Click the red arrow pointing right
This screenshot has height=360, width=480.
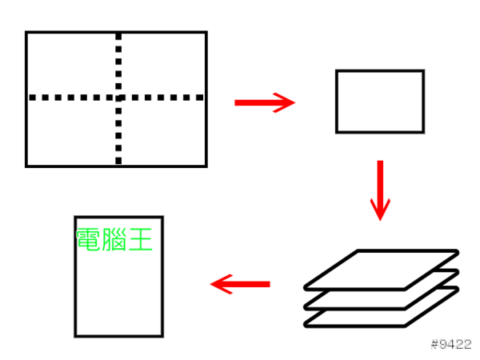[x=264, y=102]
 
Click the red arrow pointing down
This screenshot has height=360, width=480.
[x=380, y=190]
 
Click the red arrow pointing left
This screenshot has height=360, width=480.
[x=240, y=283]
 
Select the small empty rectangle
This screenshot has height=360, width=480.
[x=379, y=101]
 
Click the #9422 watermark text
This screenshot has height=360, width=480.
[x=450, y=345]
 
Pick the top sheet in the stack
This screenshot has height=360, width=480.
[x=382, y=269]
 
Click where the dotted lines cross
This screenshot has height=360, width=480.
[x=118, y=98]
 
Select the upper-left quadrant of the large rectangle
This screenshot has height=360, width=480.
[x=72, y=65]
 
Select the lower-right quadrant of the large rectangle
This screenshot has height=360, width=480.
[x=163, y=132]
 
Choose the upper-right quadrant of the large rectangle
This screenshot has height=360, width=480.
[x=163, y=65]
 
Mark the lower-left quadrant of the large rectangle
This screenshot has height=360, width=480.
[x=72, y=132]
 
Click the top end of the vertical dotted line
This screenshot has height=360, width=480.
[x=118, y=37]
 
